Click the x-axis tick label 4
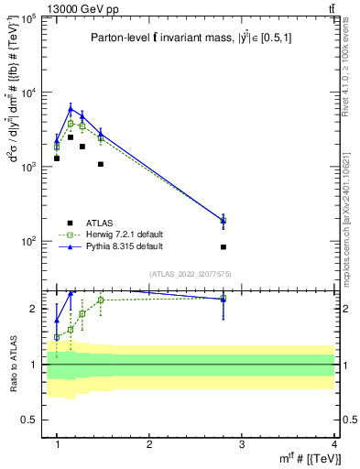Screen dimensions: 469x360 (x=334, y=444)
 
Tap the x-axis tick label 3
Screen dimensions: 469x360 (x=242, y=444)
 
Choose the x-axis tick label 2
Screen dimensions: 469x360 (x=149, y=444)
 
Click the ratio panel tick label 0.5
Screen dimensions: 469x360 (x=30, y=420)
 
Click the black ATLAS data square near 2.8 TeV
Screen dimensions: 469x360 (x=224, y=247)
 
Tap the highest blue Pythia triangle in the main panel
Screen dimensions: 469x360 (x=71, y=108)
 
